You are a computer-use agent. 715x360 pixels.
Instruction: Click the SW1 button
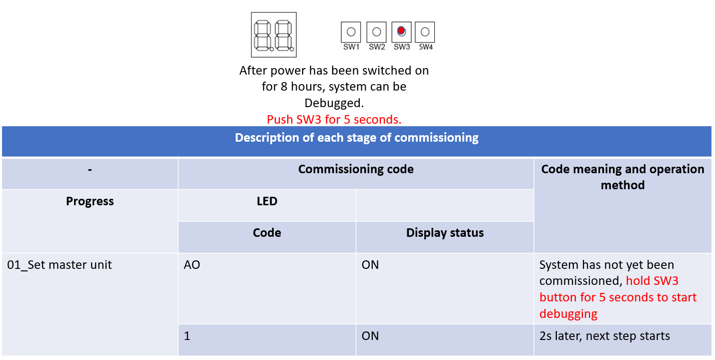(x=351, y=32)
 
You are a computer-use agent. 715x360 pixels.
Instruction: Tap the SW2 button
(x=376, y=32)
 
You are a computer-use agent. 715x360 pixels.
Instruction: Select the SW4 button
(x=425, y=32)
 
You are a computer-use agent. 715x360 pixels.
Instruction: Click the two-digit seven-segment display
(x=273, y=35)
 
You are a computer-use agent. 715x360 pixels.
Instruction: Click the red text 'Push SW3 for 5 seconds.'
(x=334, y=120)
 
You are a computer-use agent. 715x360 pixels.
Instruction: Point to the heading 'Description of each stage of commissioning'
(x=356, y=138)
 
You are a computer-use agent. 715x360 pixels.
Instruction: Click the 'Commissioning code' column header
(x=356, y=169)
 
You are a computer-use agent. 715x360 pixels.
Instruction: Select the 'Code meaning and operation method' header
(x=622, y=177)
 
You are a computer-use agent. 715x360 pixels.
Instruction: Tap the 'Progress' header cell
(x=90, y=201)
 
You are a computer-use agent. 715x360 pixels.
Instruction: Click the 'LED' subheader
(x=267, y=201)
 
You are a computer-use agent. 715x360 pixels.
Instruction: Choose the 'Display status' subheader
(x=445, y=233)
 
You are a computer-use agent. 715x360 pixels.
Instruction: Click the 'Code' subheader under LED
(x=267, y=233)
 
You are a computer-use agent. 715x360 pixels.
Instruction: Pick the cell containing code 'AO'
(x=192, y=265)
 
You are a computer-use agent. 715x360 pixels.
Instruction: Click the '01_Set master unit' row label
(x=60, y=265)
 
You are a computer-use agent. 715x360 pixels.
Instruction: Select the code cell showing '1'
(x=187, y=336)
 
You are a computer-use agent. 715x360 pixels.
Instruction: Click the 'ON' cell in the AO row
(x=370, y=265)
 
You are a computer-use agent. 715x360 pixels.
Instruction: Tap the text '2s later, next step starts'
(x=604, y=336)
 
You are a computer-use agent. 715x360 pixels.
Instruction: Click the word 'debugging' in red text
(x=568, y=314)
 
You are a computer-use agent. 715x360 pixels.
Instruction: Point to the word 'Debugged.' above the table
(x=334, y=103)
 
